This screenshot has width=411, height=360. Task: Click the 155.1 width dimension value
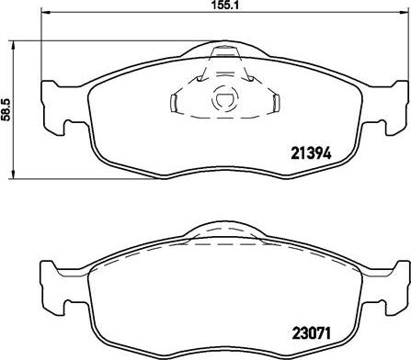point(213,6)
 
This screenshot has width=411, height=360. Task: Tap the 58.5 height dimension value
point(6,109)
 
